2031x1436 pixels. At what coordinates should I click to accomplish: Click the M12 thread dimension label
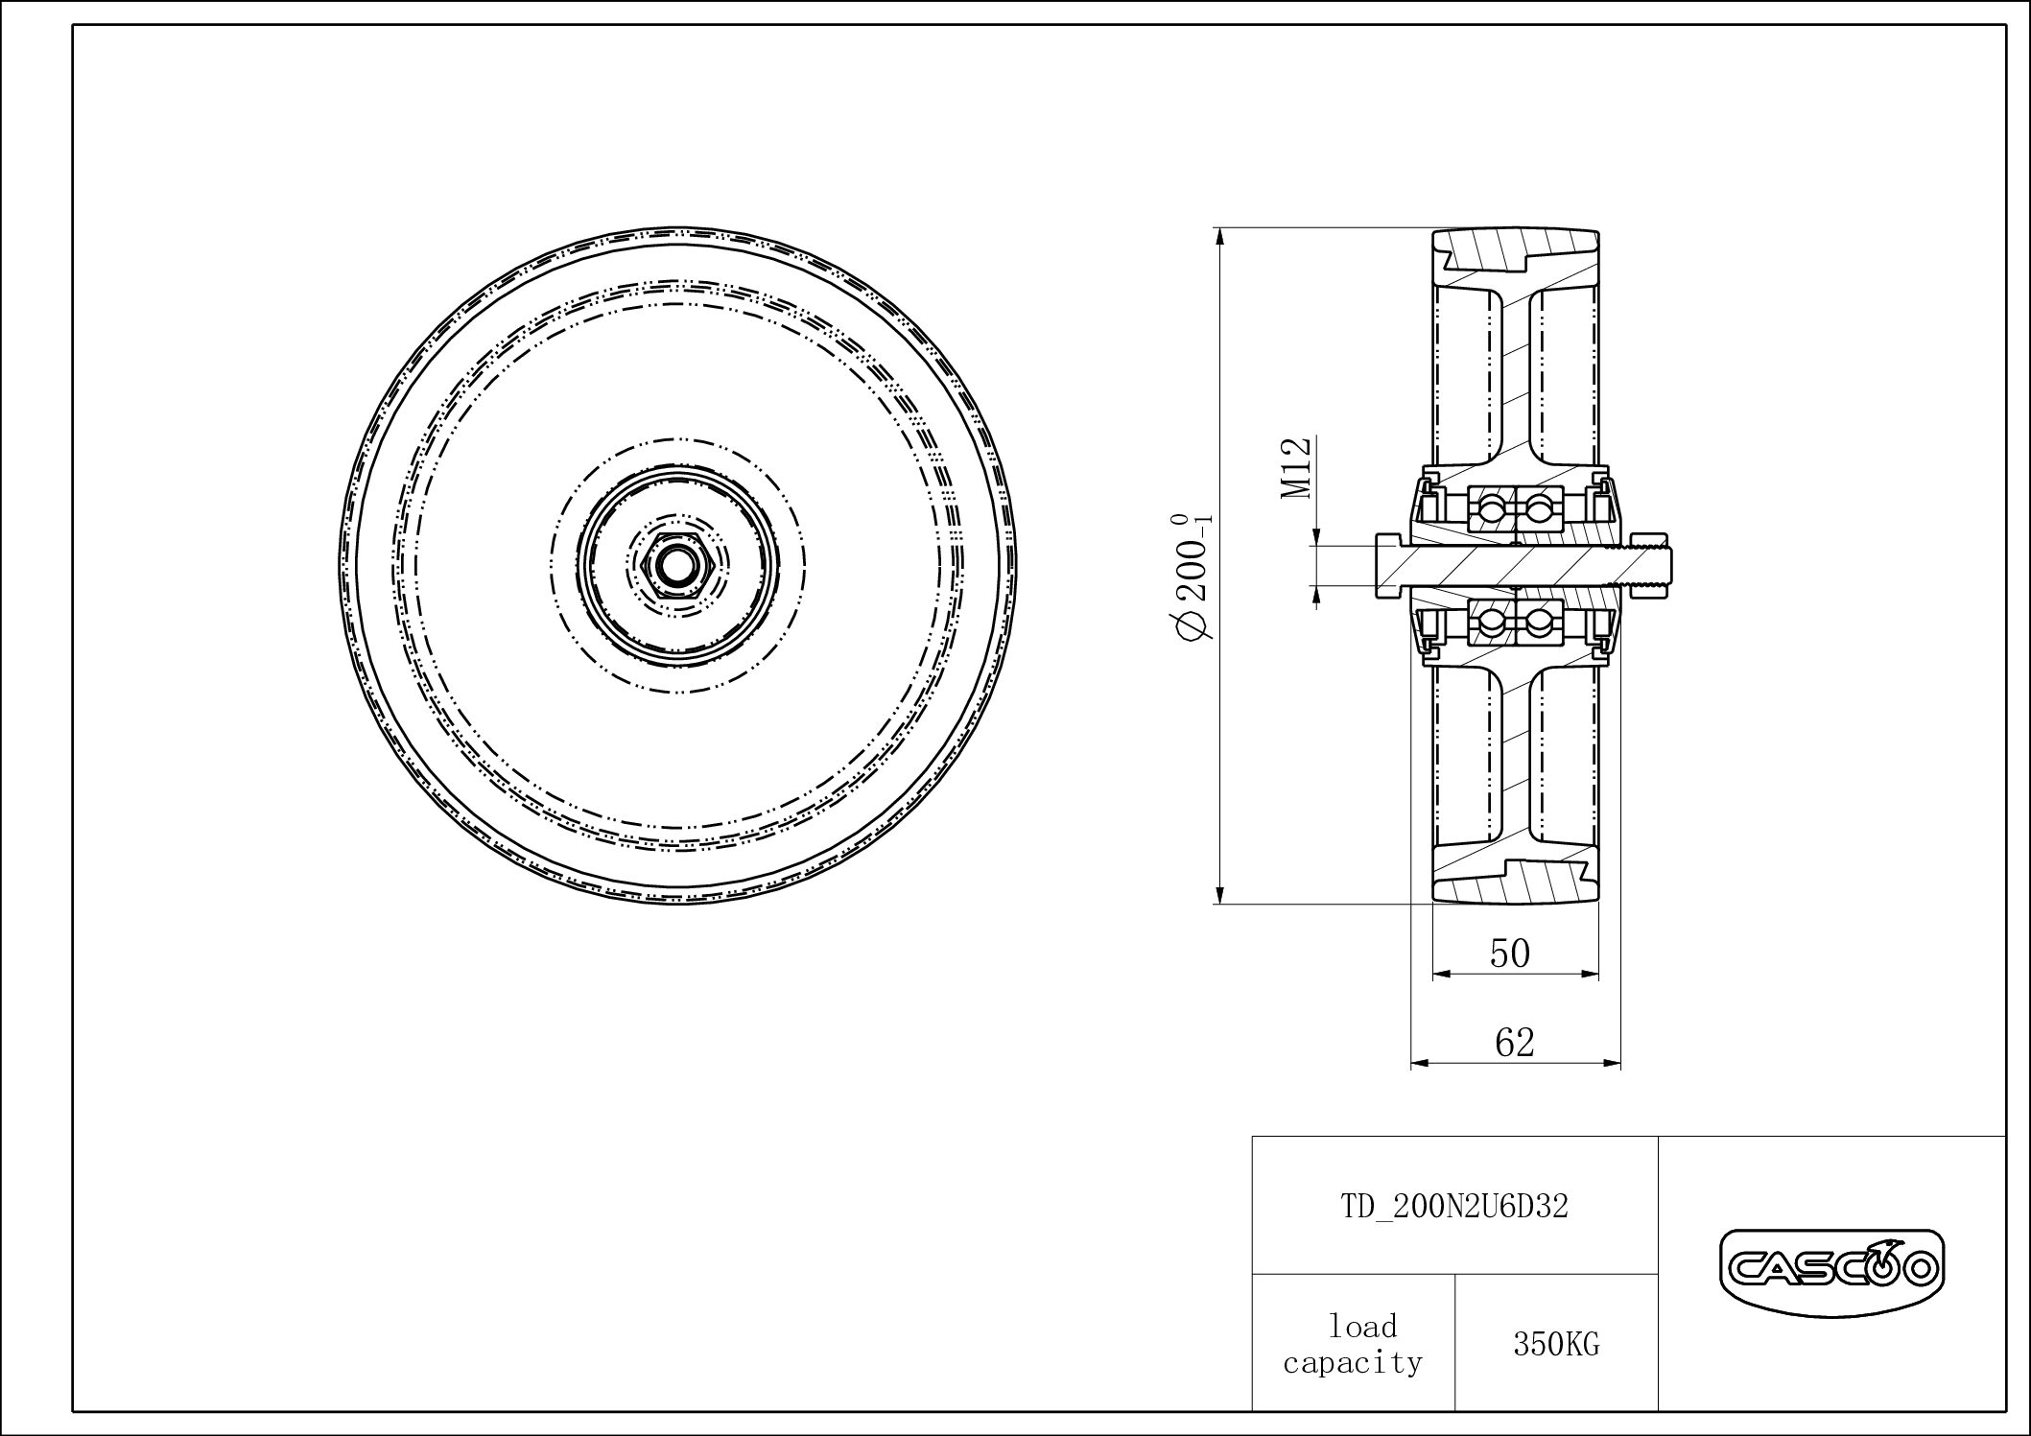pyautogui.click(x=1296, y=467)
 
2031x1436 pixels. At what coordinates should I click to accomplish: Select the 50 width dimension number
pyautogui.click(x=1509, y=953)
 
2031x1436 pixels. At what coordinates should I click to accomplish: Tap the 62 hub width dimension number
pyautogui.click(x=1515, y=1043)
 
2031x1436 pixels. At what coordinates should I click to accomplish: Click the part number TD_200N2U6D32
pyautogui.click(x=1453, y=1207)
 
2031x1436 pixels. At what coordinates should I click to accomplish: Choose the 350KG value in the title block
pyautogui.click(x=1556, y=1345)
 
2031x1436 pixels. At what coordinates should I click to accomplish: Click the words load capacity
pyautogui.click(x=1353, y=1345)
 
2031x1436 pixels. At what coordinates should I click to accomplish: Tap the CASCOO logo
pyautogui.click(x=1831, y=1271)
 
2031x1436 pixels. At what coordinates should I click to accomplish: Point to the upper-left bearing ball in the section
pyautogui.click(x=1491, y=507)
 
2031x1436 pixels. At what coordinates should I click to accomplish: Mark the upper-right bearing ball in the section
pyautogui.click(x=1538, y=507)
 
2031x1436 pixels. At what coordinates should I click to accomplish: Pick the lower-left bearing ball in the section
pyautogui.click(x=1491, y=623)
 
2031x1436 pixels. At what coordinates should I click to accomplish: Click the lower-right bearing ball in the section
pyautogui.click(x=1538, y=623)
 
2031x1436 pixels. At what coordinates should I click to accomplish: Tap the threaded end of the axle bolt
pyautogui.click(x=1646, y=565)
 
